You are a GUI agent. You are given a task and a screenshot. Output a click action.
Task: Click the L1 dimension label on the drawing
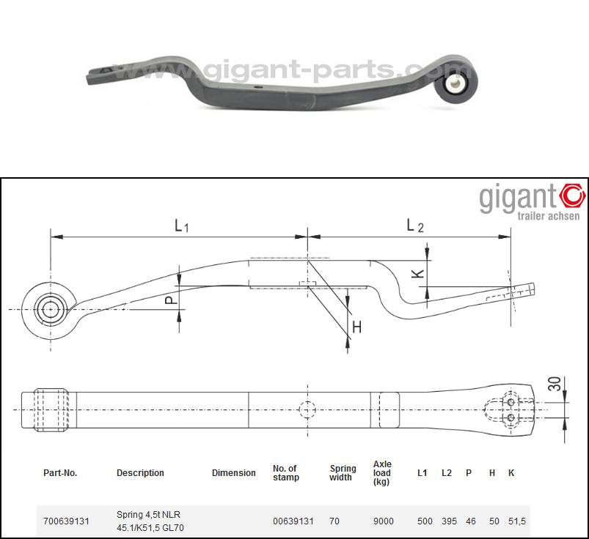click(x=182, y=226)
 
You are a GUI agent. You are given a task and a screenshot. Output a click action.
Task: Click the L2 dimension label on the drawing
click(x=415, y=226)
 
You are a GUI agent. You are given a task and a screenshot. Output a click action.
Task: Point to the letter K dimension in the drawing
click(x=418, y=273)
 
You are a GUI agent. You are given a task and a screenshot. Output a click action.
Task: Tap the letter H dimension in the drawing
click(x=357, y=327)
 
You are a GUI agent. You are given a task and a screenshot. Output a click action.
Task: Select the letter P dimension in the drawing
click(x=172, y=300)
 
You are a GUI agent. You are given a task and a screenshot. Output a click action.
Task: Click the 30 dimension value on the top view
click(x=555, y=384)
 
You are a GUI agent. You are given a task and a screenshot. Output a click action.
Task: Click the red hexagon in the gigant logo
click(x=572, y=195)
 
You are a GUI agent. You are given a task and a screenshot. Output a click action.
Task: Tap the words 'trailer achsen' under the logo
click(x=548, y=216)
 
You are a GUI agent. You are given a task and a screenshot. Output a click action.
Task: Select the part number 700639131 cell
click(x=66, y=521)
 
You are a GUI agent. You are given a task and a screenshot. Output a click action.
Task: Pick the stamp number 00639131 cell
click(x=293, y=521)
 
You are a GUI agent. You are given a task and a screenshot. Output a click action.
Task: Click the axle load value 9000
click(x=383, y=521)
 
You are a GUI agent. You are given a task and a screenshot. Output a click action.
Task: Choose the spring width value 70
click(x=334, y=521)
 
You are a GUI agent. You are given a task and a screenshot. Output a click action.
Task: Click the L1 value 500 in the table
click(x=425, y=521)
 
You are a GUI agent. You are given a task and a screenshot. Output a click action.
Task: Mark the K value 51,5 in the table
click(x=517, y=521)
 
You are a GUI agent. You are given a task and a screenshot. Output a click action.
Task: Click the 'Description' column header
click(x=140, y=473)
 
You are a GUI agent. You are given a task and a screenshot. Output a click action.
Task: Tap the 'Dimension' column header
click(x=234, y=473)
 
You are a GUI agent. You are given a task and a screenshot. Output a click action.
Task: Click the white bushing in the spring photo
click(x=455, y=83)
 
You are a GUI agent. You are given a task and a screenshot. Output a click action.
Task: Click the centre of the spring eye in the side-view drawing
click(x=51, y=310)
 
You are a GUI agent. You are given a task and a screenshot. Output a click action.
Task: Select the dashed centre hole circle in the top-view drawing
click(x=307, y=409)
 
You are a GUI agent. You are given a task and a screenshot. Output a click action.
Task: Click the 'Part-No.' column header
click(x=60, y=473)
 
